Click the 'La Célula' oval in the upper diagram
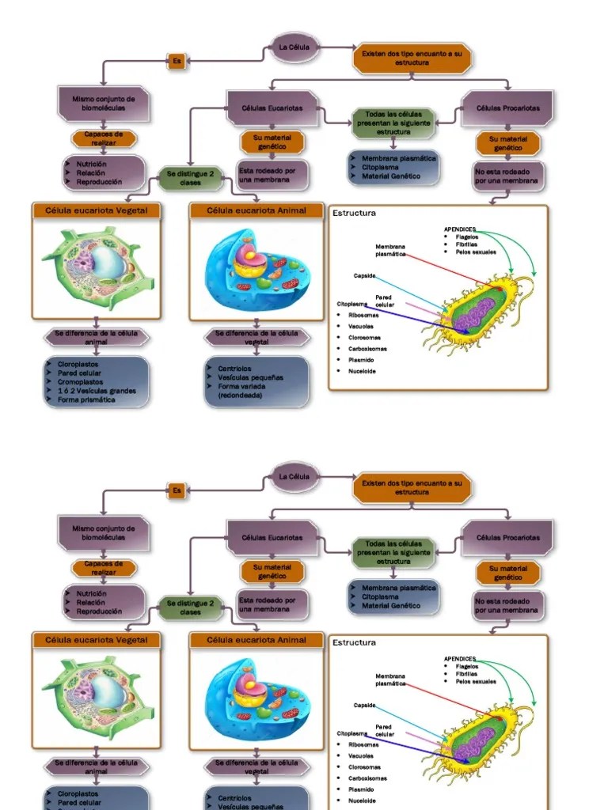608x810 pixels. (x=294, y=47)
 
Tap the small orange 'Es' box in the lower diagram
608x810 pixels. (x=177, y=490)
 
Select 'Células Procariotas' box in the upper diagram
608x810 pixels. (x=507, y=108)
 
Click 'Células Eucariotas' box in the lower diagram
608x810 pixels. (x=272, y=538)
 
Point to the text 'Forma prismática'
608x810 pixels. (x=86, y=399)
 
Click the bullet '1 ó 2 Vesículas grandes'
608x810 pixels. (x=97, y=391)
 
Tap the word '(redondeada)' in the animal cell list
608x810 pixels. (x=240, y=396)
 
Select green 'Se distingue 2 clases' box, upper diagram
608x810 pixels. (x=190, y=178)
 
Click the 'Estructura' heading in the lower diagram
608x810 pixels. (x=354, y=643)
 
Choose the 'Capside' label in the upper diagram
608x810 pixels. (x=364, y=275)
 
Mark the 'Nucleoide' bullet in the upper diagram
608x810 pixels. (x=362, y=371)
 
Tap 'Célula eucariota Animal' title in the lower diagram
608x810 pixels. (x=256, y=640)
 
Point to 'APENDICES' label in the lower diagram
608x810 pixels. (x=460, y=658)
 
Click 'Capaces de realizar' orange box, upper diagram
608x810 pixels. (x=104, y=138)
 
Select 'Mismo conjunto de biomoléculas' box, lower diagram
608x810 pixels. (x=103, y=533)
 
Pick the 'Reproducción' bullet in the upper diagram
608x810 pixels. (x=99, y=182)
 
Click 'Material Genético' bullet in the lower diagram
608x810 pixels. (x=391, y=606)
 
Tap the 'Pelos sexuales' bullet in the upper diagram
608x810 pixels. (x=476, y=252)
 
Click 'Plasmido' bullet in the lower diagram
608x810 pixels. (x=361, y=789)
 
